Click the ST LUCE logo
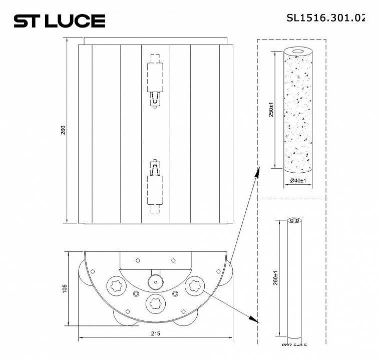click(59, 21)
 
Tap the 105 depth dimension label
click(64, 289)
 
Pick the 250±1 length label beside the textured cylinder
click(271, 109)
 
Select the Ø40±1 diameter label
click(298, 180)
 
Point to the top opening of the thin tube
click(294, 220)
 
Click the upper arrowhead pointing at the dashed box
click(257, 173)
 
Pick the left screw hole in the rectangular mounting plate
click(136, 260)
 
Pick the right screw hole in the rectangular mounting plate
click(173, 260)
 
